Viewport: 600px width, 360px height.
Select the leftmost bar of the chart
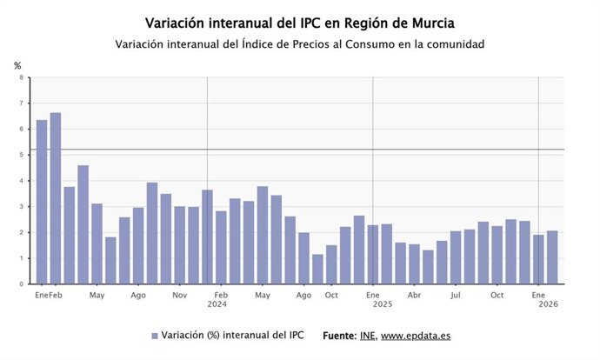pyautogui.click(x=42, y=202)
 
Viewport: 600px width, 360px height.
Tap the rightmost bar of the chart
pyautogui.click(x=552, y=257)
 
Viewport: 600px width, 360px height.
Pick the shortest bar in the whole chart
pyautogui.click(x=317, y=269)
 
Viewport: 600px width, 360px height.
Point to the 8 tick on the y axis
pyautogui.click(x=22, y=77)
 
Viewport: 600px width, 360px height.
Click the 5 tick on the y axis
pyautogui.click(x=22, y=155)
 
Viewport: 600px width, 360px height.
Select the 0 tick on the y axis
pyautogui.click(x=22, y=283)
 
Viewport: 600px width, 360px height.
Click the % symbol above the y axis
pyautogui.click(x=17, y=65)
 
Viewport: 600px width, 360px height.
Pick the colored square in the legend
pyautogui.click(x=155, y=336)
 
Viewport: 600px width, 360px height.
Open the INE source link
pyautogui.click(x=367, y=335)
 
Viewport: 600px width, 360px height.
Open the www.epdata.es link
pyautogui.click(x=416, y=335)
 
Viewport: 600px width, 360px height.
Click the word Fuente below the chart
pyautogui.click(x=339, y=335)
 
